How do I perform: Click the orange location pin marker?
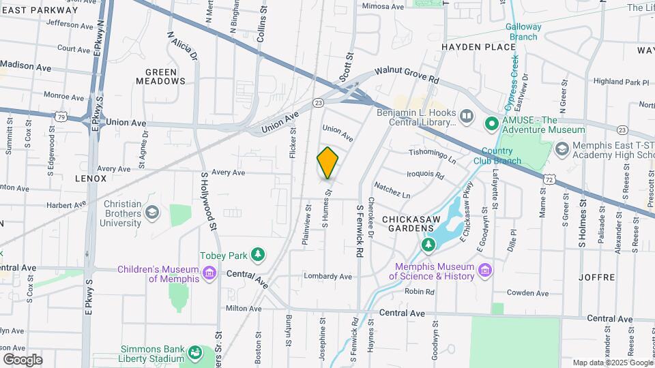coord(327,163)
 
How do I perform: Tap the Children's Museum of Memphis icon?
coord(209,274)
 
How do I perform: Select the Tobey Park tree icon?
coord(257,255)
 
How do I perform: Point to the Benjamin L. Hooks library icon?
coord(467,117)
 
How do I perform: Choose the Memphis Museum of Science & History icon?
coord(484,271)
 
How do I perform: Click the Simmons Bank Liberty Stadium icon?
coord(196,353)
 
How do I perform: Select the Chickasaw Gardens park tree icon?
coord(428,243)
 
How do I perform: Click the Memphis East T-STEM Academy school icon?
coord(562,149)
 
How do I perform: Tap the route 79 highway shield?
coord(61,117)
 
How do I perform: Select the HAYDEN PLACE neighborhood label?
coord(478,47)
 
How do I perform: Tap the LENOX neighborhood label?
coord(91,179)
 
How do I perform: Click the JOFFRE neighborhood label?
coord(597,277)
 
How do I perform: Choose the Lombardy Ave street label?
coord(328,277)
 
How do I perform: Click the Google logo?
coord(23,359)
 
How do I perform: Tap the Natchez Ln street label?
coord(392,190)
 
